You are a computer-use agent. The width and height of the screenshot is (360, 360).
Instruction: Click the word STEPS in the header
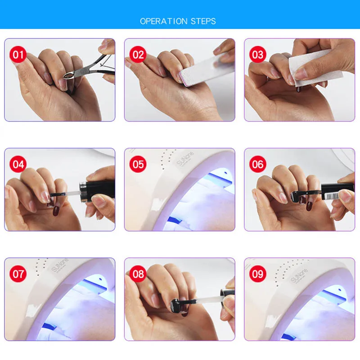(203, 21)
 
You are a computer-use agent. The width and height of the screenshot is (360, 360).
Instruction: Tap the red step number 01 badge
(18, 54)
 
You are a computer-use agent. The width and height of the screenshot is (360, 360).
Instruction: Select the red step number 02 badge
(138, 54)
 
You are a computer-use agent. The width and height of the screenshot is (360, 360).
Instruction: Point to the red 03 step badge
(257, 54)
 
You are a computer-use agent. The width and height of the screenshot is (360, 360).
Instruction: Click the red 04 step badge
(18, 164)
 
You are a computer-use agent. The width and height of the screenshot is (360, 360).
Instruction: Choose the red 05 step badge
(138, 164)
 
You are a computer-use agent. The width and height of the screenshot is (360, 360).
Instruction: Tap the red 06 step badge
(257, 164)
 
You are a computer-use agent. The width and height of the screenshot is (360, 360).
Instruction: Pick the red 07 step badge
(18, 274)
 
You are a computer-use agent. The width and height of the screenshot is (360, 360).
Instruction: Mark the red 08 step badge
(138, 274)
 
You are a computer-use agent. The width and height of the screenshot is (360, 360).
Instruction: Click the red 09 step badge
(257, 274)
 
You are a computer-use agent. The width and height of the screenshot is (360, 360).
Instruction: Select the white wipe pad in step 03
(315, 67)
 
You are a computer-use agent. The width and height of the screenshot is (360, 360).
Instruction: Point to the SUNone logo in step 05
(185, 158)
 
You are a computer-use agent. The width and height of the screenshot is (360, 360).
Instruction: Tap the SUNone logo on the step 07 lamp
(60, 265)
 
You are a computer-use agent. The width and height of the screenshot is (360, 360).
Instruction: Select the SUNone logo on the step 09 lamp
(299, 275)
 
